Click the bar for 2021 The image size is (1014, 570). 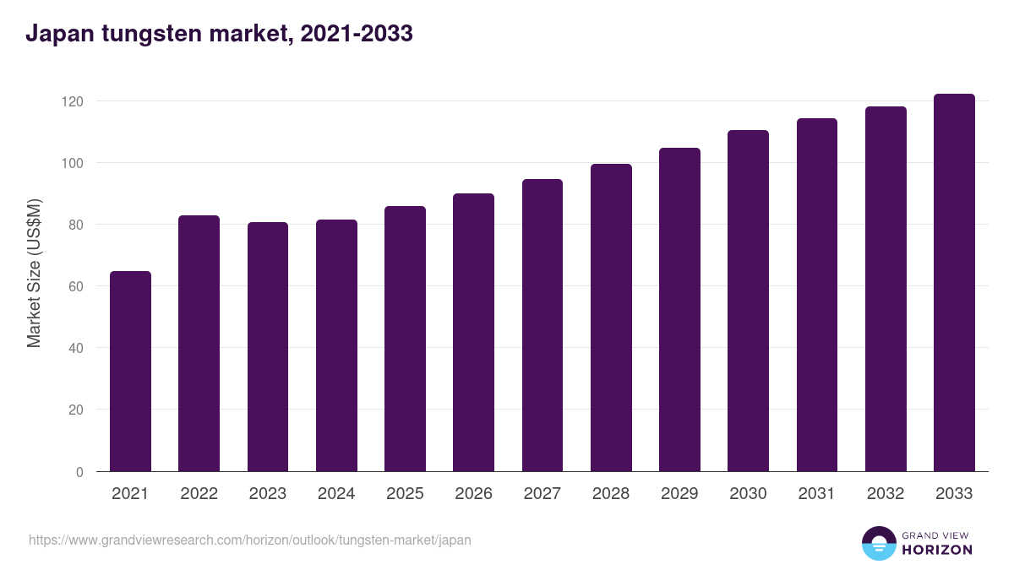pyautogui.click(x=130, y=372)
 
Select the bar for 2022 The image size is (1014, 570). pyautogui.click(x=199, y=344)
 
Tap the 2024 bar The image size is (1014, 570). pyautogui.click(x=336, y=345)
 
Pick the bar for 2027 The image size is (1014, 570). pyautogui.click(x=542, y=325)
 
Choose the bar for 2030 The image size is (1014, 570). pyautogui.click(x=748, y=301)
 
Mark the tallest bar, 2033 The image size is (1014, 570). pyautogui.click(x=954, y=283)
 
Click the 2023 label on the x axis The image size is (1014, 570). pyautogui.click(x=268, y=494)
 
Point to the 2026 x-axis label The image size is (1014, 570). pyautogui.click(x=473, y=494)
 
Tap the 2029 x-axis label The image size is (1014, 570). pyautogui.click(x=679, y=494)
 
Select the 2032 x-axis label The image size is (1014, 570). pyautogui.click(x=886, y=494)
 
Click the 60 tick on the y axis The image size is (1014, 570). pyautogui.click(x=76, y=286)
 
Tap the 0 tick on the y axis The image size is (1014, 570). pyautogui.click(x=79, y=472)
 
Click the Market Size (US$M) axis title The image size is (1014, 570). pyautogui.click(x=34, y=273)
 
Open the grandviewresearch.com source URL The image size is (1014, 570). pyautogui.click(x=250, y=540)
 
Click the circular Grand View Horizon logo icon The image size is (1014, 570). pyautogui.click(x=878, y=543)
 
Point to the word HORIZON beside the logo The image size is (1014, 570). pyautogui.click(x=937, y=550)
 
